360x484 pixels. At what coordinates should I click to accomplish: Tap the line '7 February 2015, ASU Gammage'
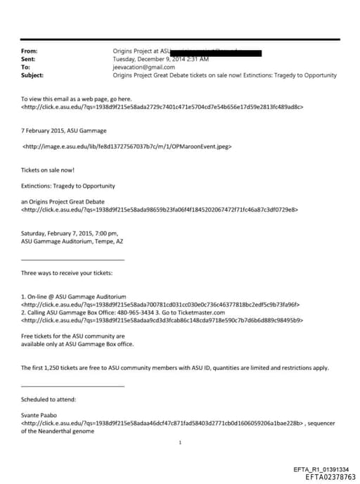pyautogui.click(x=64, y=131)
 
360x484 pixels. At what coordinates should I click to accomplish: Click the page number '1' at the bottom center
pyautogui.click(x=181, y=442)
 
